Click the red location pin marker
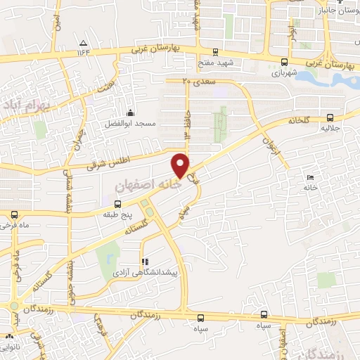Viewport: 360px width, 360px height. (x=181, y=165)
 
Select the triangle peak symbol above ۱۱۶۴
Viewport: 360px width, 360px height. (x=84, y=41)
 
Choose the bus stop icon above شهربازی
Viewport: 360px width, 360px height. (x=283, y=62)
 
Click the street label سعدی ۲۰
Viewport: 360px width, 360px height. (x=196, y=82)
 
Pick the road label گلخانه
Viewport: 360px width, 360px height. (x=300, y=120)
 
